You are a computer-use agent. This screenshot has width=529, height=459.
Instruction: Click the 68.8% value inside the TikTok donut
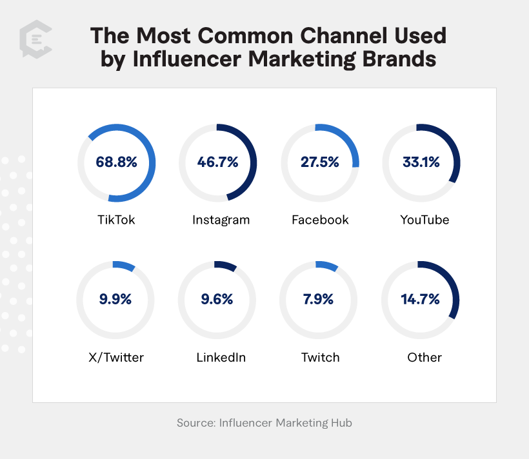tap(117, 162)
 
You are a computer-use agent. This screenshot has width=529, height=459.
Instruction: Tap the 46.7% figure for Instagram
tap(218, 162)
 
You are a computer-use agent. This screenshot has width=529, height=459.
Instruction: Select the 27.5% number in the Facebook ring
tap(319, 162)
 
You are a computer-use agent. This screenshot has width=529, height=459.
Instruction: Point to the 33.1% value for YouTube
tap(421, 162)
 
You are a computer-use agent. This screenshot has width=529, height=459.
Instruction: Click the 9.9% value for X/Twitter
tap(116, 299)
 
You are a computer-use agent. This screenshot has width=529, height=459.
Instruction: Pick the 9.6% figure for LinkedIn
tap(217, 299)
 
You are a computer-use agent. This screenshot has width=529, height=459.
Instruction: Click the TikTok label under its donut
tap(117, 220)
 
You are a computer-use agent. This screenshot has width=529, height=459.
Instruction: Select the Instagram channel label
tap(221, 220)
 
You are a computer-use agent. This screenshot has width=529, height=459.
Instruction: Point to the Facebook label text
tap(320, 220)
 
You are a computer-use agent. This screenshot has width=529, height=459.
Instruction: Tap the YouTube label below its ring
tap(424, 220)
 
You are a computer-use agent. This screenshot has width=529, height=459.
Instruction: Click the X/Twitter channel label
tap(115, 357)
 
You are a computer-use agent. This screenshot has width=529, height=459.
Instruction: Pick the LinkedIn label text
tap(221, 357)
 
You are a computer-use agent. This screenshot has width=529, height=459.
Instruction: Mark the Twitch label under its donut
tap(320, 357)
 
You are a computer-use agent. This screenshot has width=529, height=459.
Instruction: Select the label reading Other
tap(424, 357)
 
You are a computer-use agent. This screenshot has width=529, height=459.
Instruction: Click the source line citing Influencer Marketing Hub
tap(264, 424)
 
